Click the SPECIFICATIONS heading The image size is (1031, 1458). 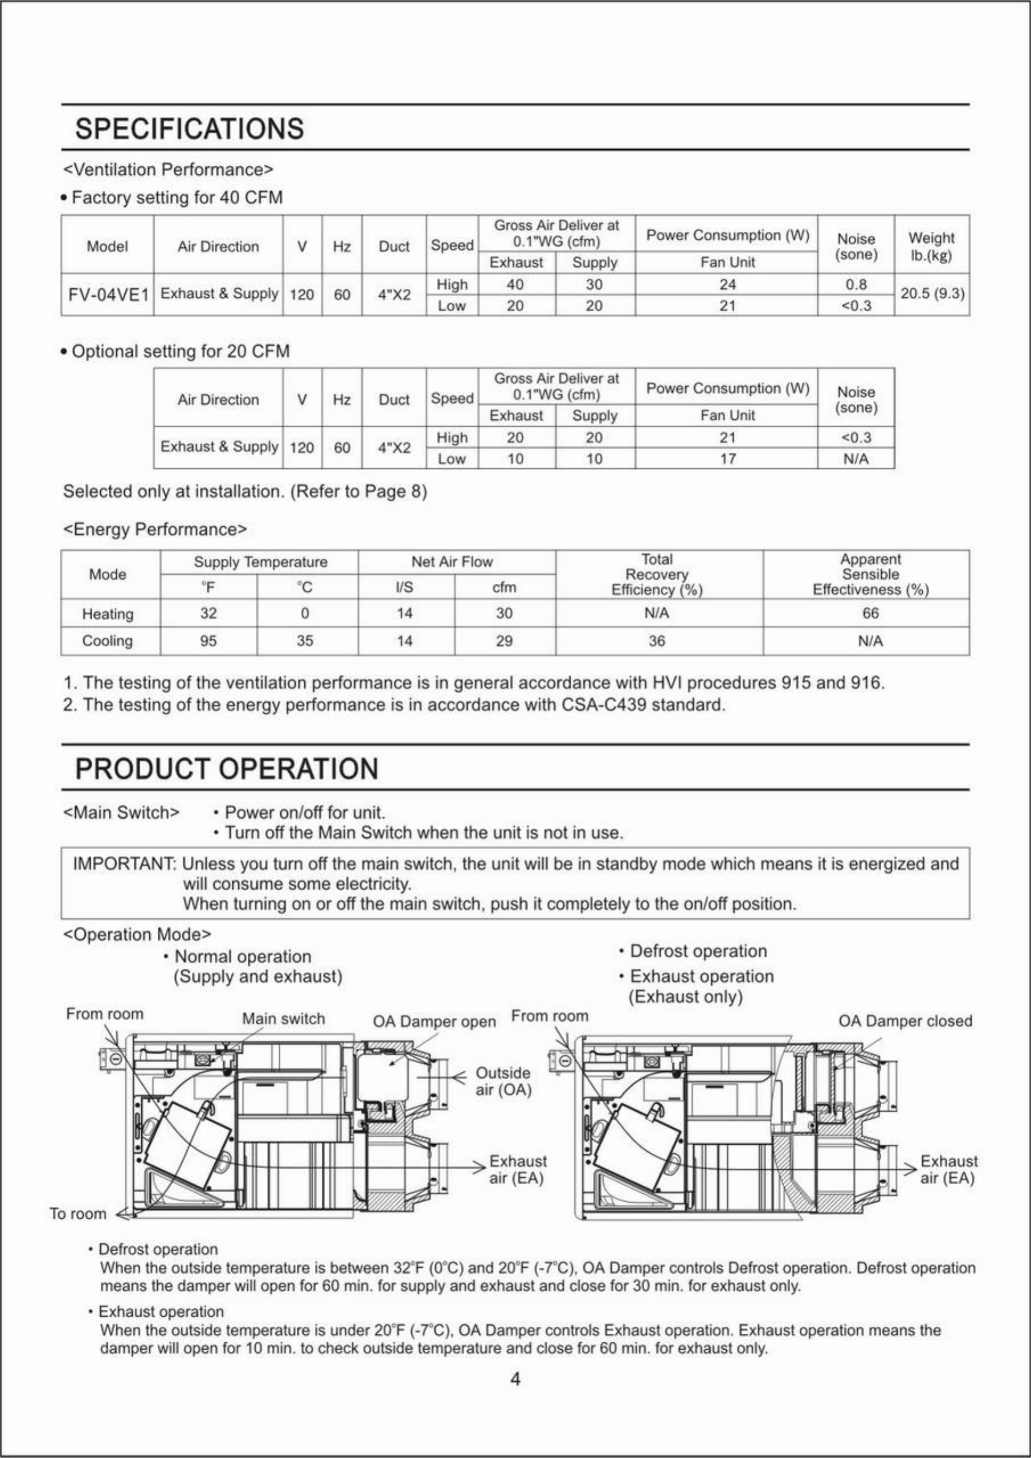(x=189, y=129)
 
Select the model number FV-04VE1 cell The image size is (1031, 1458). (x=108, y=294)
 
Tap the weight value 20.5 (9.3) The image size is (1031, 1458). (x=932, y=294)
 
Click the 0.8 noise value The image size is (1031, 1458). (x=856, y=285)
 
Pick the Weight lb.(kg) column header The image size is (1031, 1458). (x=931, y=245)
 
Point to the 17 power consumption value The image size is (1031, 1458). (x=727, y=458)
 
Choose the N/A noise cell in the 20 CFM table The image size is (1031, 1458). (x=856, y=458)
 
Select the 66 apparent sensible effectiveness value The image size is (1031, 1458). (x=870, y=613)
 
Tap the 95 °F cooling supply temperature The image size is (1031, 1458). (x=208, y=641)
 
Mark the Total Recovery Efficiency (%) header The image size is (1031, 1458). (x=657, y=575)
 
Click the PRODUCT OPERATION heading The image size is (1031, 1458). (x=227, y=769)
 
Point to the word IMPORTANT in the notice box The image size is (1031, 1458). (x=123, y=864)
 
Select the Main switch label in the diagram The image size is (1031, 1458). (x=283, y=1018)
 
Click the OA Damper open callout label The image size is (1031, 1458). (x=434, y=1022)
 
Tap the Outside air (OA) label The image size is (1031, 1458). (x=503, y=1081)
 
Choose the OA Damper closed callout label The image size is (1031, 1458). (x=905, y=1021)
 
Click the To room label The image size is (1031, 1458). (x=78, y=1214)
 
